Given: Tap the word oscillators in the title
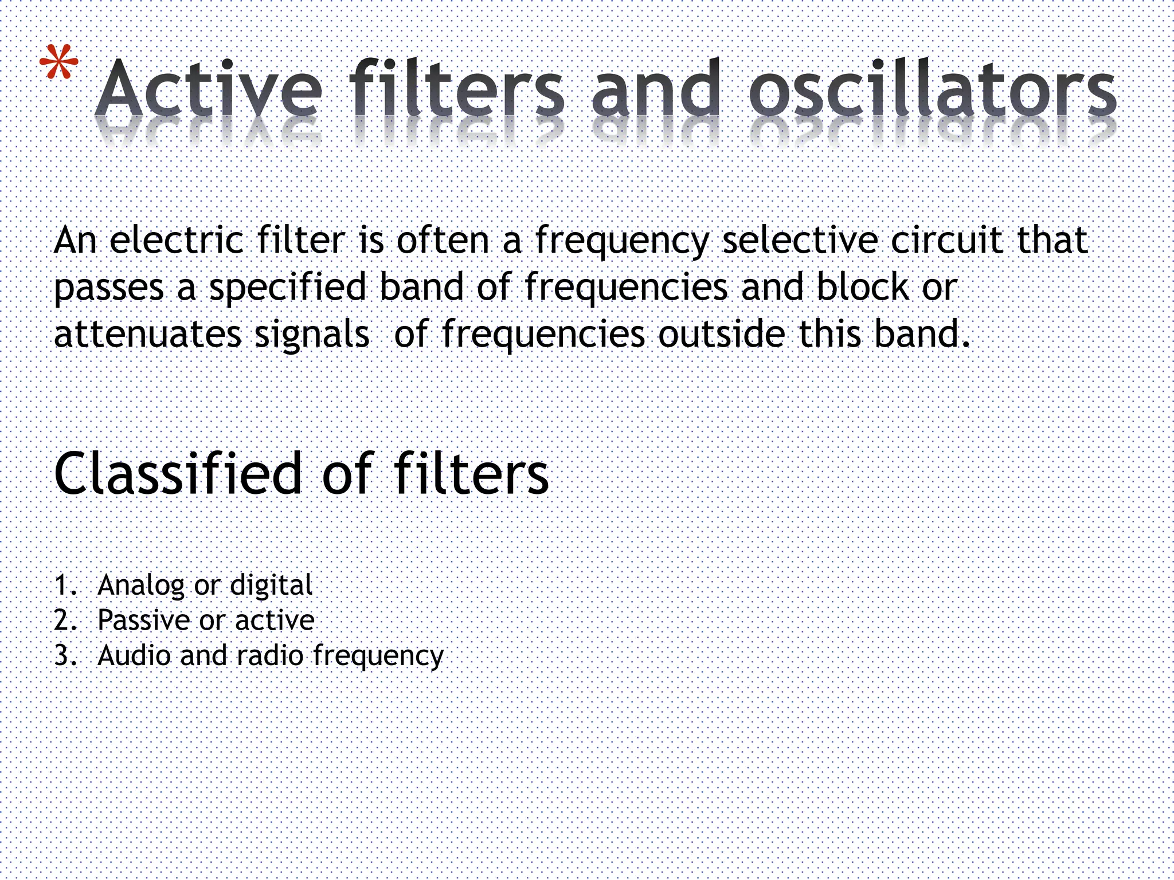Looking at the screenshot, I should (x=932, y=89).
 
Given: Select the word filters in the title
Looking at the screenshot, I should (x=457, y=89).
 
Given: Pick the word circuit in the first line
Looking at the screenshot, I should (x=946, y=240).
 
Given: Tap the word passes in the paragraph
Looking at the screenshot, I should (x=109, y=288).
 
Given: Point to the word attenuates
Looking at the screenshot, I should (x=147, y=334).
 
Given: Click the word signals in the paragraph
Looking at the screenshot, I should (x=312, y=335).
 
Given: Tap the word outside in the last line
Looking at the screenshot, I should (x=722, y=334).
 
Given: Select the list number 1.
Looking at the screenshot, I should (x=64, y=586).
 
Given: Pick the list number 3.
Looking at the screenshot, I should (x=64, y=655).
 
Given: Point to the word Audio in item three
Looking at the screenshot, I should (x=134, y=655).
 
